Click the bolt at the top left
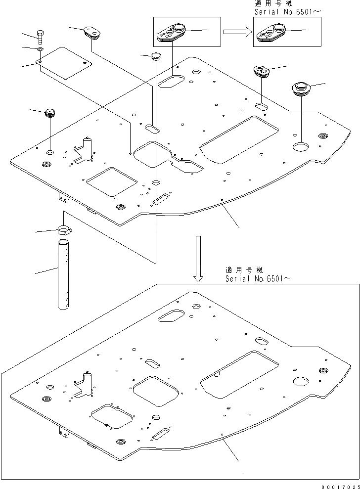(41, 36)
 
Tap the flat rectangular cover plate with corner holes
(64, 64)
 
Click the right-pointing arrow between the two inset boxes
(235, 32)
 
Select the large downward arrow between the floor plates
(198, 257)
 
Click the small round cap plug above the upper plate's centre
(156, 55)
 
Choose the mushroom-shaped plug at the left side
(50, 113)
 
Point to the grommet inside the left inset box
(172, 33)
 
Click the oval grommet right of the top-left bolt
(92, 32)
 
